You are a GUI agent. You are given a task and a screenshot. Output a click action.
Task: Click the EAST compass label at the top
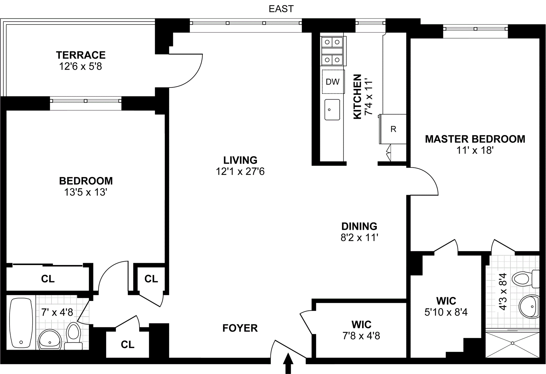tap(281, 9)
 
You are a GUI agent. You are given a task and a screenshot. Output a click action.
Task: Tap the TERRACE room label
tap(81, 55)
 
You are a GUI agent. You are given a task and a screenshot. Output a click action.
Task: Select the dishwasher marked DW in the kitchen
tap(333, 82)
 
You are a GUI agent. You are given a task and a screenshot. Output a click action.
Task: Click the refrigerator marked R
tap(393, 129)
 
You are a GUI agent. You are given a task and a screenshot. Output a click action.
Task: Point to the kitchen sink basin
tap(332, 110)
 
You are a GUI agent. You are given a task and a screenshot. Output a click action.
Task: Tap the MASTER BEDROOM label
tap(475, 139)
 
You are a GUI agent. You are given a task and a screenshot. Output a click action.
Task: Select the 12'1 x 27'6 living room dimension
tap(240, 172)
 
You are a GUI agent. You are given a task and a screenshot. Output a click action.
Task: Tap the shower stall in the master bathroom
tap(512, 344)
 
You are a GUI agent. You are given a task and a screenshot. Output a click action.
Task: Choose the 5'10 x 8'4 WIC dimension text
tap(446, 312)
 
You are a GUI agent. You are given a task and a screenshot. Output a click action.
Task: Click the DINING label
tap(359, 226)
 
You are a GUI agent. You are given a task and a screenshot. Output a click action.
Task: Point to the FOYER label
tap(240, 328)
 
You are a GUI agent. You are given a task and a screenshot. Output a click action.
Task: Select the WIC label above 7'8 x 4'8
tap(361, 324)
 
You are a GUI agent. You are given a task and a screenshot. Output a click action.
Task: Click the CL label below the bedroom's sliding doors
tap(48, 279)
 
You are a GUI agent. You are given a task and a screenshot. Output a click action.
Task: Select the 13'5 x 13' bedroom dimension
tap(86, 192)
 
